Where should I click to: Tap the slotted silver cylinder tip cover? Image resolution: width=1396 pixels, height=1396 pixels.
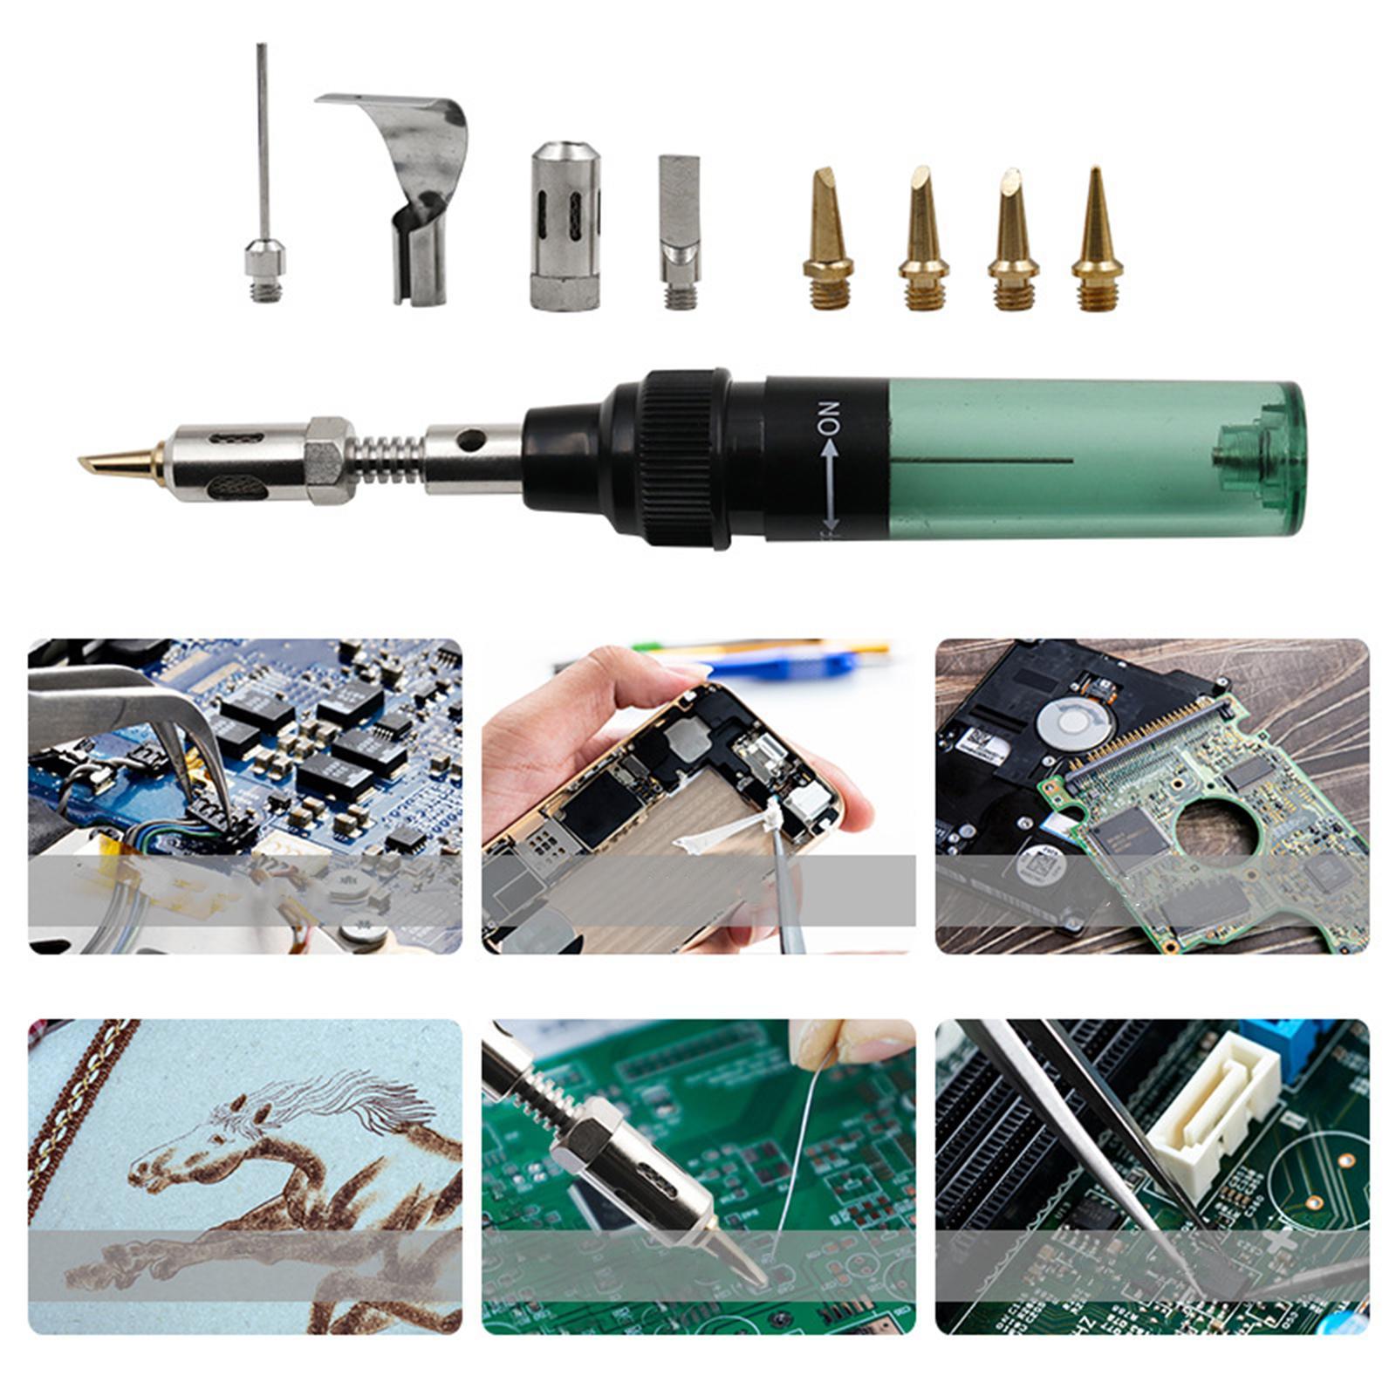pyautogui.click(x=565, y=225)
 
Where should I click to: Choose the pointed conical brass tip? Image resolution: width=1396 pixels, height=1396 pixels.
pyautogui.click(x=1097, y=240)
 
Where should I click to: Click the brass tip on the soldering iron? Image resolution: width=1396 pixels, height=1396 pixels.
pyautogui.click(x=122, y=460)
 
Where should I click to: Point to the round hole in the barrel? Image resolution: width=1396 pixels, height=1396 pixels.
pyautogui.click(x=472, y=439)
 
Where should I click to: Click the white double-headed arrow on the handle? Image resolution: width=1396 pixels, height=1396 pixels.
pyautogui.click(x=829, y=489)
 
